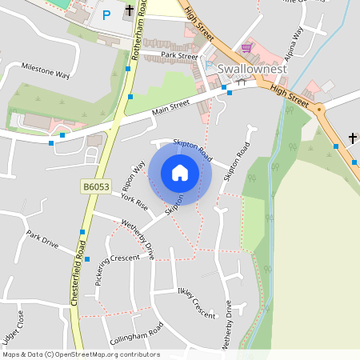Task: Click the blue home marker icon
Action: (180, 173)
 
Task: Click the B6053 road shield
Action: (95, 186)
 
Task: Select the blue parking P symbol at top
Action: (106, 14)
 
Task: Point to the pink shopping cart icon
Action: (246, 48)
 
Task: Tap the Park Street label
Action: (178, 56)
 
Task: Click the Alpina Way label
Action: (293, 41)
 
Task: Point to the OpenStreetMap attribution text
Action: (81, 354)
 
